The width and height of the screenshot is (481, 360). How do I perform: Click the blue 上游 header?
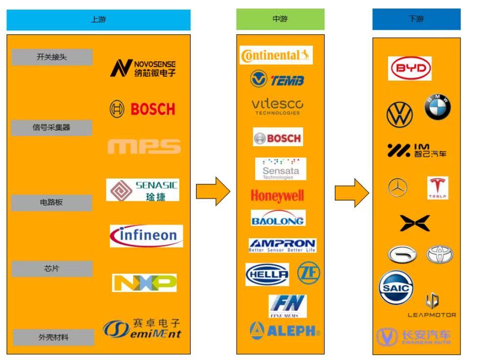[98, 20]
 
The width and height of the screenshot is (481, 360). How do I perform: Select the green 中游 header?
[280, 19]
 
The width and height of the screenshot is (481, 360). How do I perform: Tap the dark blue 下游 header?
[416, 19]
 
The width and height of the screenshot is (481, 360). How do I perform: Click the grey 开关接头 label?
[52, 57]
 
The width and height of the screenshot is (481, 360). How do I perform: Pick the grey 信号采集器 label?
[52, 128]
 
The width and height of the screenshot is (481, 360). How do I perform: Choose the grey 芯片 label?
[52, 269]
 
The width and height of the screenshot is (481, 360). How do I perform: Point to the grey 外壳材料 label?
[54, 337]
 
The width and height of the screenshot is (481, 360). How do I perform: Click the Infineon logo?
[146, 236]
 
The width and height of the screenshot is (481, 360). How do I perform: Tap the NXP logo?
[144, 283]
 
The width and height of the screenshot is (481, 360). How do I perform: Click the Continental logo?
[276, 55]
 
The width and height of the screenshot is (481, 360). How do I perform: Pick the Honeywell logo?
[277, 196]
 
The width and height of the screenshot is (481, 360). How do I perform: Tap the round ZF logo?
[308, 273]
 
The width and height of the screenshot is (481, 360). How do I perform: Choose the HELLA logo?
[267, 274]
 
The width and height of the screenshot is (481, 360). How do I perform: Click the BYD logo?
[410, 68]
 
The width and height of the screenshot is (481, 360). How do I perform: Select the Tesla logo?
[437, 188]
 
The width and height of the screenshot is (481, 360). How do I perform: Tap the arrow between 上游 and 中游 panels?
[213, 191]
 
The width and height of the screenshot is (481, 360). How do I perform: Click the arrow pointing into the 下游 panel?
[351, 192]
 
